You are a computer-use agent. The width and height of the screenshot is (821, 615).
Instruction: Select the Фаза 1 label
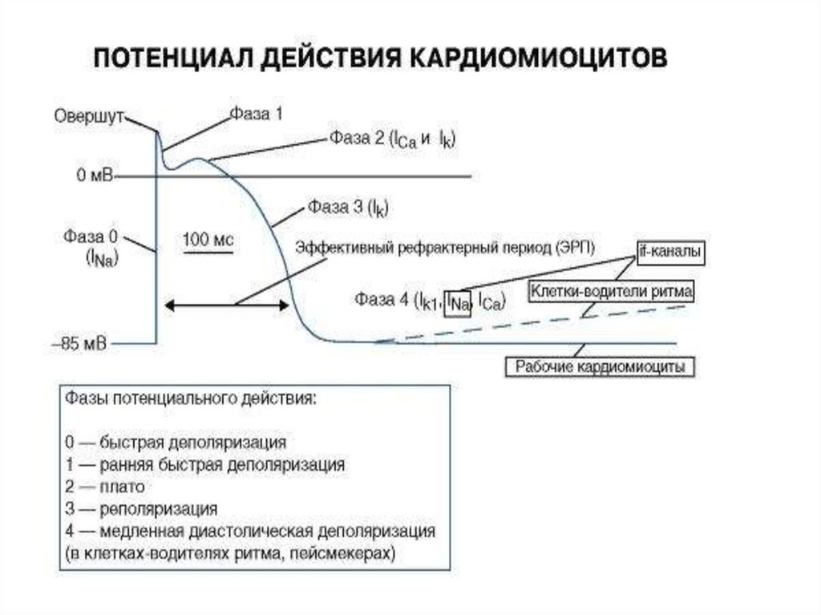(257, 115)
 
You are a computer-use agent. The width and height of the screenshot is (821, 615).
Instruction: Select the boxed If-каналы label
(670, 252)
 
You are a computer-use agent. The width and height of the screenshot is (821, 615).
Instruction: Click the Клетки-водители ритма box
(610, 289)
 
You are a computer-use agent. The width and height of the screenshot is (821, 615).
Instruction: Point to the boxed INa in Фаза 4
(458, 301)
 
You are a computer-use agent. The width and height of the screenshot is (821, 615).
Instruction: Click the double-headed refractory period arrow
(227, 305)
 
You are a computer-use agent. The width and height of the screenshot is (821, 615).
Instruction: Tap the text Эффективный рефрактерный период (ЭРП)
(446, 246)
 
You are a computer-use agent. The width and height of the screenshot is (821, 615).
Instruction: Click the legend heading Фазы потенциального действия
(190, 399)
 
